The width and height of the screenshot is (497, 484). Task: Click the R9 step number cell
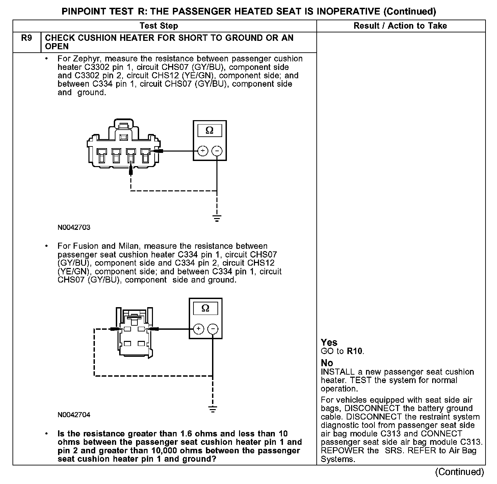[26, 38]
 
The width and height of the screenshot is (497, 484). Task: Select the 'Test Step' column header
[159, 26]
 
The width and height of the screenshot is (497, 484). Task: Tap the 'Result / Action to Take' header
[400, 26]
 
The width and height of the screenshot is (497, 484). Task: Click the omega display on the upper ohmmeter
[210, 131]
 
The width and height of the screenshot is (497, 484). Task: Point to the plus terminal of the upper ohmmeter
[202, 151]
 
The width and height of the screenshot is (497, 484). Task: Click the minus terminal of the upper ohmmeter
[217, 151]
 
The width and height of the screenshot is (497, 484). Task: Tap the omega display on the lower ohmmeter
[205, 308]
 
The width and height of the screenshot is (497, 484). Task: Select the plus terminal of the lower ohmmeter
[199, 329]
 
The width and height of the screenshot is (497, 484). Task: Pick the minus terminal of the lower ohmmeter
[213, 329]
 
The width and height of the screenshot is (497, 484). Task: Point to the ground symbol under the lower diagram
[213, 409]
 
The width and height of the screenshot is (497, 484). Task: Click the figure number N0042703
[74, 227]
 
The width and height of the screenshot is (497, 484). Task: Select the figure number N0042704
[74, 415]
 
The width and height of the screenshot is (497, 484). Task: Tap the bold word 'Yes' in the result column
[329, 343]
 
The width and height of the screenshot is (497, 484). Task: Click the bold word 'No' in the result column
[327, 363]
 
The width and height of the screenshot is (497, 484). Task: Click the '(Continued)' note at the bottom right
[460, 472]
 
